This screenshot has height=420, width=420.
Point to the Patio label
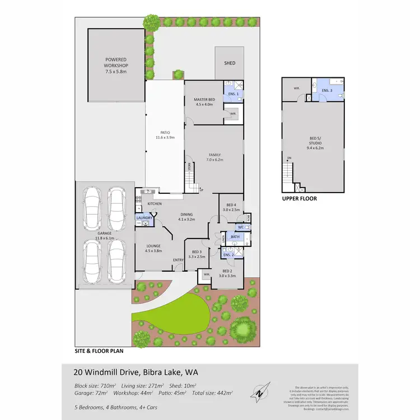click(165, 134)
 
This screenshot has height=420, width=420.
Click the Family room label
click(215, 157)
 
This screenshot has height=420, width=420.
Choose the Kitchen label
click(155, 203)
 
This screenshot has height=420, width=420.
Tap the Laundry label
click(144, 218)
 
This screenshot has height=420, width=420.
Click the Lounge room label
click(154, 248)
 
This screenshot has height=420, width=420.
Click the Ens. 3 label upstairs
click(327, 91)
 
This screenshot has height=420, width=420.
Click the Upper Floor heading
click(299, 198)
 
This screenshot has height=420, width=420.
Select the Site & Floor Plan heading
click(99, 352)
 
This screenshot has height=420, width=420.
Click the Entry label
click(179, 259)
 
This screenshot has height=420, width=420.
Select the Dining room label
click(186, 217)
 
